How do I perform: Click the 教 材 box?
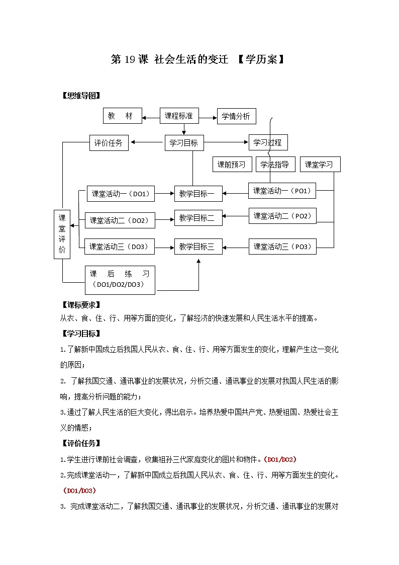(122, 116)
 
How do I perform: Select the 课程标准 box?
(179, 116)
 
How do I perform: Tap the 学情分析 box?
(236, 116)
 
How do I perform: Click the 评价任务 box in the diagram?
(109, 143)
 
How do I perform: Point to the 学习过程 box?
(268, 142)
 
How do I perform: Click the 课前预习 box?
(232, 165)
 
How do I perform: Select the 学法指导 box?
(275, 165)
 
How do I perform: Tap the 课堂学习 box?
(320, 165)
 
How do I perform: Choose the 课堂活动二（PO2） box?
(282, 216)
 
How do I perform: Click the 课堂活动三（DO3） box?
(120, 247)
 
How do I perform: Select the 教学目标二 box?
(198, 218)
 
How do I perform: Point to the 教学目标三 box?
(198, 247)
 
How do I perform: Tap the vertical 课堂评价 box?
(62, 234)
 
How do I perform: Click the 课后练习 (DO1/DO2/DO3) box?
(120, 279)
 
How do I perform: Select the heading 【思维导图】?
(81, 96)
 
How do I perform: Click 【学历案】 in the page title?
(262, 60)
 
